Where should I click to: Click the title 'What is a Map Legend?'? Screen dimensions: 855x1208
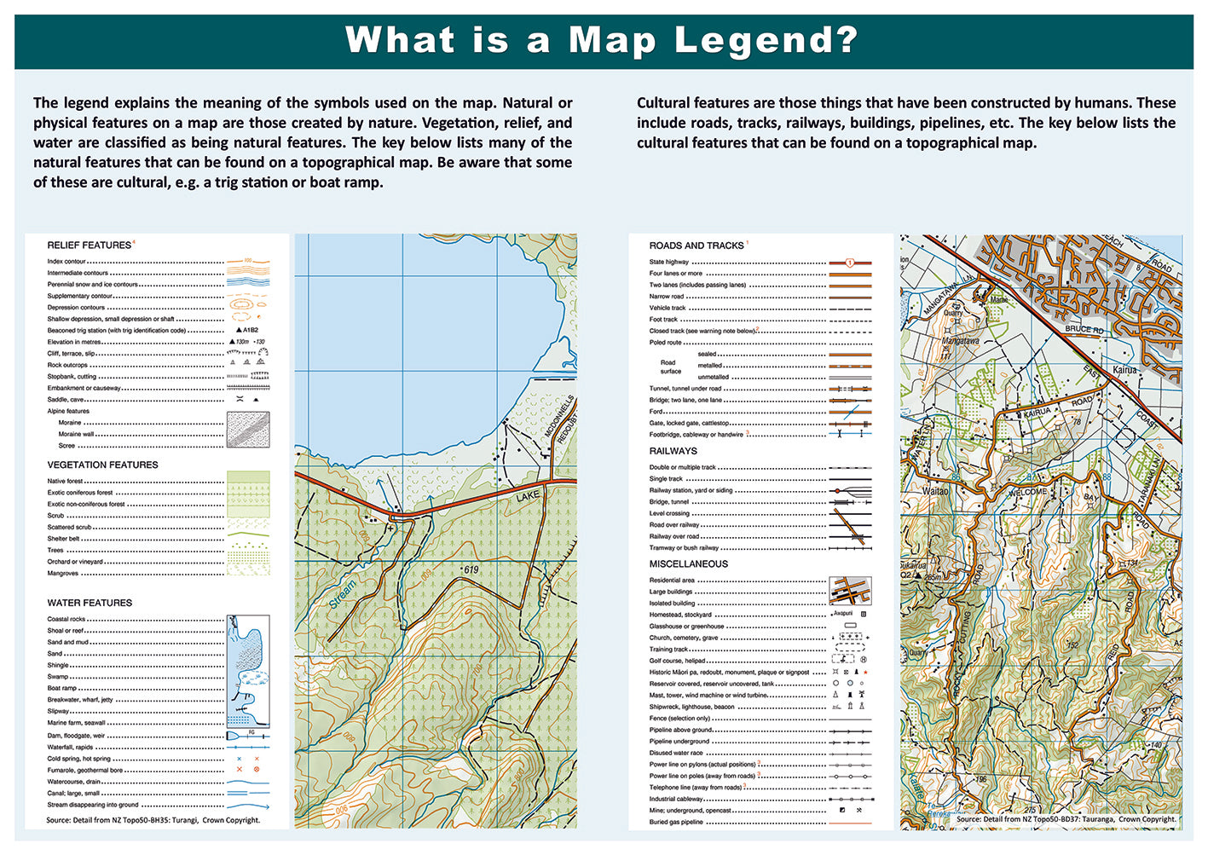click(602, 40)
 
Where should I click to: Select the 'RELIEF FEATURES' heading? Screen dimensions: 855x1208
click(89, 246)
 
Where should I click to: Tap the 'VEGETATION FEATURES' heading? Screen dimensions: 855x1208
click(102, 465)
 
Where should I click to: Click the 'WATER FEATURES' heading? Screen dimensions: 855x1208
click(90, 604)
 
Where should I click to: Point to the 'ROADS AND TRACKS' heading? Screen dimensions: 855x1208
click(696, 246)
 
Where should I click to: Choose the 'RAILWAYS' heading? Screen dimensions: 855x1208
click(673, 451)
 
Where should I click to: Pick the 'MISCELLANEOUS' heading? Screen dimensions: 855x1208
click(688, 564)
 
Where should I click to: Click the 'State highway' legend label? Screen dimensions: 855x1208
click(668, 263)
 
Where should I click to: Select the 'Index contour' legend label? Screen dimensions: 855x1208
click(66, 262)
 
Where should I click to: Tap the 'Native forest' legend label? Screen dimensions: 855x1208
click(65, 482)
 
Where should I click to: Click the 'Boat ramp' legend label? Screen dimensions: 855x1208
click(61, 688)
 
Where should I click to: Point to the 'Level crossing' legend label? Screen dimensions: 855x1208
click(669, 514)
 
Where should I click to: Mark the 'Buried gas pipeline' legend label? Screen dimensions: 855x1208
click(676, 823)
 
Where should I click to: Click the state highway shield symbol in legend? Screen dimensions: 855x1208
click(849, 263)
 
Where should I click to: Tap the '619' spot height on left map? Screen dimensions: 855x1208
click(471, 569)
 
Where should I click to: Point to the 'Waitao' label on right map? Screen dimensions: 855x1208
click(934, 492)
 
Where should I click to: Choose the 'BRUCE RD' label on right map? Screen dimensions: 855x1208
click(1084, 329)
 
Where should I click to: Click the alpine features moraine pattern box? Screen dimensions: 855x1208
click(248, 430)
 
